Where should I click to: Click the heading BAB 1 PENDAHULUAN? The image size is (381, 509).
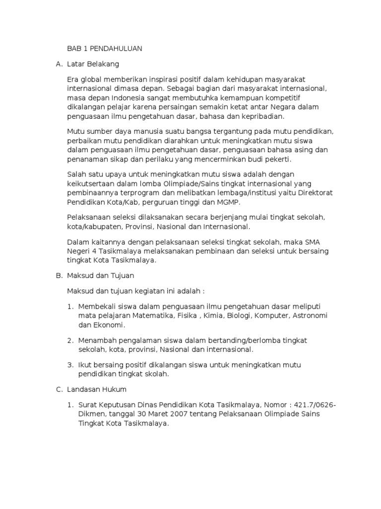(105, 49)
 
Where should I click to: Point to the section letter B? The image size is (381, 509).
(59, 275)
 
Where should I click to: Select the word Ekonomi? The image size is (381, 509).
(109, 325)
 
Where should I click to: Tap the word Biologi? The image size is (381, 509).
(239, 316)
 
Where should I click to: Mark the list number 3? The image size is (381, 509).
(70, 364)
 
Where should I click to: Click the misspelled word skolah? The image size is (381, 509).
(157, 374)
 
